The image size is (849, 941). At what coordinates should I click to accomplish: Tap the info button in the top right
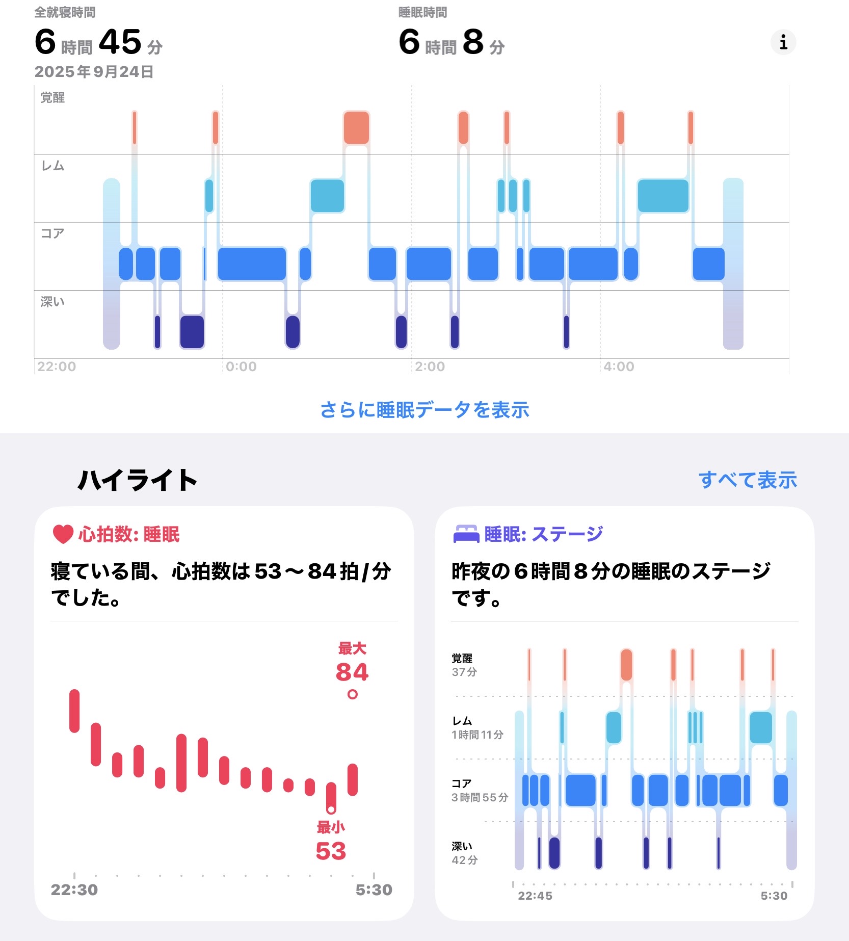pos(783,42)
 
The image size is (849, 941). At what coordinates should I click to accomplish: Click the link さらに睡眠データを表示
pos(424,410)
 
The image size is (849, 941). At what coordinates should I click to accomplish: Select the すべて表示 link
pos(748,480)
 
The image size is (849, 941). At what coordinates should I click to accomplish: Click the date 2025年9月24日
pos(94,72)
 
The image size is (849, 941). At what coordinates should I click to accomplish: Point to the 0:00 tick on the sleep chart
pos(241,367)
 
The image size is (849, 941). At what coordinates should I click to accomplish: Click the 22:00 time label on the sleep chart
pos(57,367)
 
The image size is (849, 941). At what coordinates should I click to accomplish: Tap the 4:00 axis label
pos(619,367)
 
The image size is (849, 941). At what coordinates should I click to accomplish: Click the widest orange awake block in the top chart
pos(356,127)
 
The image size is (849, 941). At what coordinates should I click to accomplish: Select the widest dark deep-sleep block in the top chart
pos(192,332)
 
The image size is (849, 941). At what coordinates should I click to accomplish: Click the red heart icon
pos(63,534)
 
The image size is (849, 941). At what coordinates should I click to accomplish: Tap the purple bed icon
pos(466,534)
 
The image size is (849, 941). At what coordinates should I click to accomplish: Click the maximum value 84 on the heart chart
pos(352,672)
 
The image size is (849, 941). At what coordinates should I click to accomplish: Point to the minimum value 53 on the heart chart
pos(331,851)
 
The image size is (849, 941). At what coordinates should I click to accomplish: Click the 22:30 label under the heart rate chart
pos(74,890)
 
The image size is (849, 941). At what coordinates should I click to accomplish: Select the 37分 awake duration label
pos(464,672)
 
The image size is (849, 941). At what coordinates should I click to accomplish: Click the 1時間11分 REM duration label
pos(477,735)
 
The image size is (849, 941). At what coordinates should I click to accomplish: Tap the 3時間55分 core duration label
pos(480,797)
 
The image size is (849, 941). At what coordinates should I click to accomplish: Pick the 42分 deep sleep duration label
pos(465,860)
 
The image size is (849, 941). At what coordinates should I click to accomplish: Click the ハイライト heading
pos(137,480)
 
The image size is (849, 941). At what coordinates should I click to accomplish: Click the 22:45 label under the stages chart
pos(535,896)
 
